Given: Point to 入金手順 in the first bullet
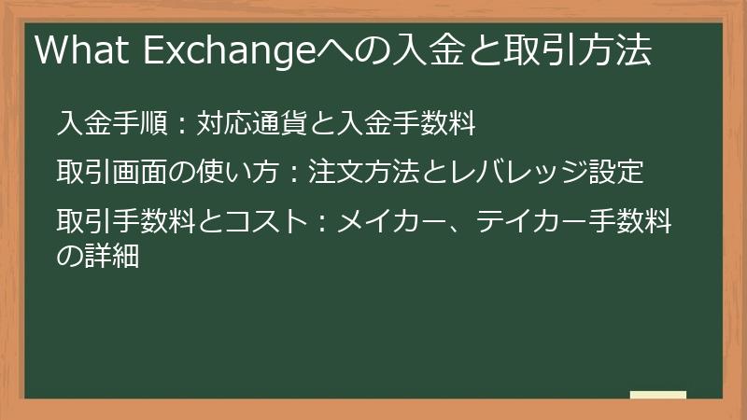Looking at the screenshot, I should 111,123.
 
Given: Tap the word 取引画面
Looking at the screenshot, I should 111,174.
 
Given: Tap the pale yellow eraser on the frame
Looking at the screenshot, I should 658,396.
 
